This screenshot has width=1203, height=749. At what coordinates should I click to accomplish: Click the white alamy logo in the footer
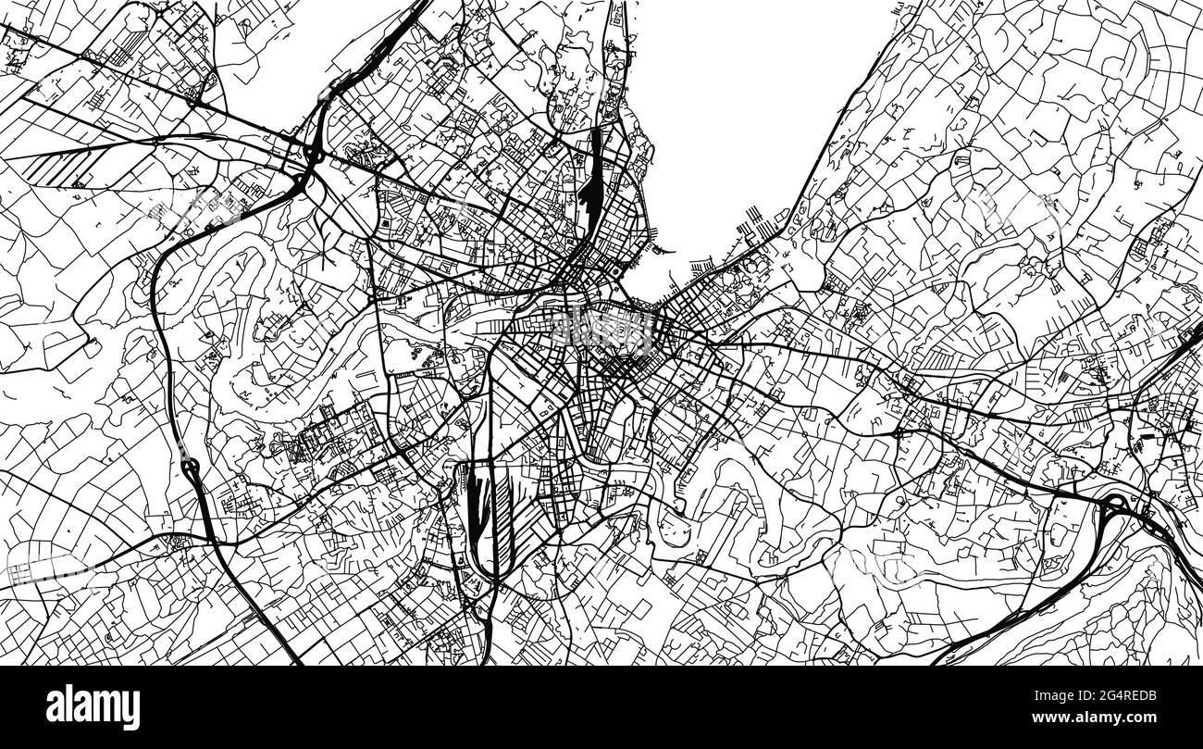(93, 707)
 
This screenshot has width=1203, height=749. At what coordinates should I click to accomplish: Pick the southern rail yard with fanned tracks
(477, 518)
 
